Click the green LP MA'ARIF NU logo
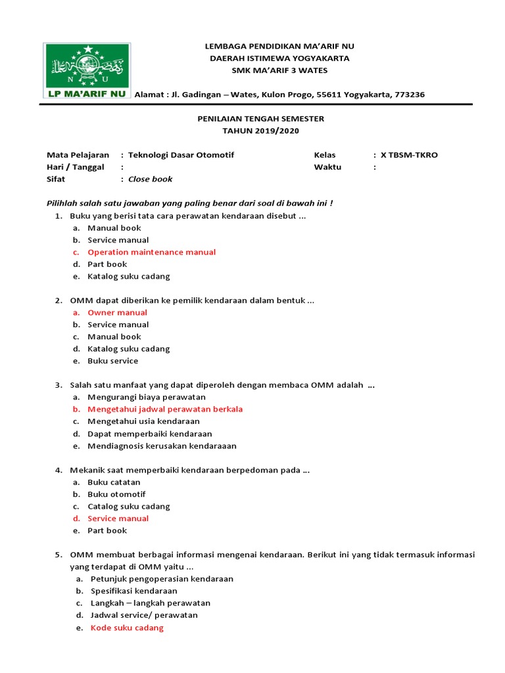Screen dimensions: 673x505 87,71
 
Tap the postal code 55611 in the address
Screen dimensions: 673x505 329,95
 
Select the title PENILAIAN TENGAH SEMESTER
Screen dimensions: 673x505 261,118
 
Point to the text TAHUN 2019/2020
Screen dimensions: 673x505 261,131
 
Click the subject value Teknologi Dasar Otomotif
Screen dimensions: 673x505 181,155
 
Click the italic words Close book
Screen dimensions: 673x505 151,179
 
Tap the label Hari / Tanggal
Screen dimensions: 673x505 76,167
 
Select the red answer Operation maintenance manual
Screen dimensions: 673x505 152,252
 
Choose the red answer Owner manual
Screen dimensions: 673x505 118,313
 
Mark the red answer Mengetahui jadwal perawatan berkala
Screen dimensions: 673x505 165,409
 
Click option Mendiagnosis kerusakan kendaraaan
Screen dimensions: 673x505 162,446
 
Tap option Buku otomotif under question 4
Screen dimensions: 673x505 117,494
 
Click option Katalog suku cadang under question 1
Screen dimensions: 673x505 129,276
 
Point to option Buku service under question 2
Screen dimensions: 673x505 113,361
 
